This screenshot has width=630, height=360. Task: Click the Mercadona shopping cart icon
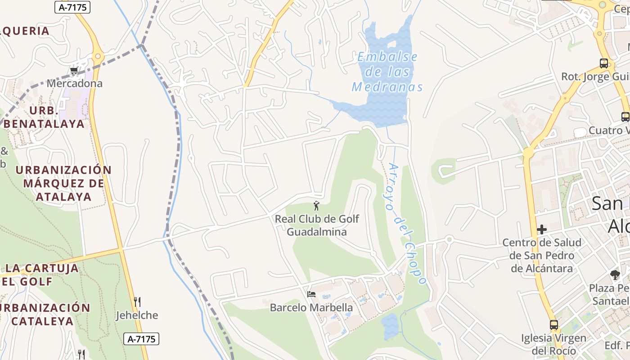pos(74,71)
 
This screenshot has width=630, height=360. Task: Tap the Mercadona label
pos(75,83)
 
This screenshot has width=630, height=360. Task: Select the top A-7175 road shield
pos(72,7)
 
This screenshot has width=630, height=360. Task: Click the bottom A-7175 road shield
pos(141,339)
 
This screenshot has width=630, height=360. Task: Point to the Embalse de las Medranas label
pos(387,72)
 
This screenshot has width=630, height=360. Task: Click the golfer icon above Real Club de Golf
pos(316,206)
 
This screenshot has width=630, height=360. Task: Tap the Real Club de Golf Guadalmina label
pos(317,225)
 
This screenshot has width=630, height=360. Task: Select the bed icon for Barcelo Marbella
pos(311,294)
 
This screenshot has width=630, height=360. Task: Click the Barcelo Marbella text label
pos(311,308)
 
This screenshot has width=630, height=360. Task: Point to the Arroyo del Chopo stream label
pos(405,224)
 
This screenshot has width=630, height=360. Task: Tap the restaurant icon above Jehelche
pos(137,301)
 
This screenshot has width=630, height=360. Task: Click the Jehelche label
pos(137,315)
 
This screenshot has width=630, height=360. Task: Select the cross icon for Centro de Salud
pos(542,229)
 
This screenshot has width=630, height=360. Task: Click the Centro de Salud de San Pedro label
pos(542,256)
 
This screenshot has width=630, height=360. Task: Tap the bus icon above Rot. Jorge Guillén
pos(604,63)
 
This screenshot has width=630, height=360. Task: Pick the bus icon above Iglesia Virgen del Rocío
pos(554,324)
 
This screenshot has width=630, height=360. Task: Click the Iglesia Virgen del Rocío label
pos(554,344)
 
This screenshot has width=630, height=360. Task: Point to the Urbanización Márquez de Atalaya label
pos(63,183)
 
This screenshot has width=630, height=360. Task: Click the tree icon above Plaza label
pos(615,274)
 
